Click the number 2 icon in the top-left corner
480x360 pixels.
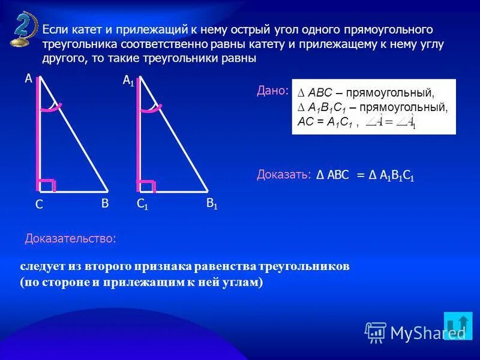click(22, 29)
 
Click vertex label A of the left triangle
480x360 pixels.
click(28, 78)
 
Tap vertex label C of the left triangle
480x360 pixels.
click(38, 205)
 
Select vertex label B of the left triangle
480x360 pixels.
click(104, 203)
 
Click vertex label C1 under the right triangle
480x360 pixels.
click(142, 204)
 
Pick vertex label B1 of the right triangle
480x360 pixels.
click(212, 204)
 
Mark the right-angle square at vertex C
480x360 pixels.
click(47, 185)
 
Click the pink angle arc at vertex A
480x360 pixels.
click(52, 108)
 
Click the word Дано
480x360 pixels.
click(272, 91)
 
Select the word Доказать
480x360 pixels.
click(283, 175)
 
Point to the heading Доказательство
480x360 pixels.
click(70, 238)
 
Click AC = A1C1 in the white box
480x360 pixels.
click(328, 122)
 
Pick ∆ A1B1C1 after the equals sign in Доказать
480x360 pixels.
click(392, 175)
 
